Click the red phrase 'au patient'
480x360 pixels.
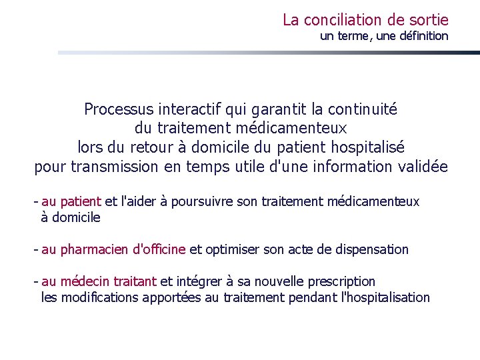(71, 201)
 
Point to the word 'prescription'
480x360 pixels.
(340, 281)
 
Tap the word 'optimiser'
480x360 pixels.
(231, 249)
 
